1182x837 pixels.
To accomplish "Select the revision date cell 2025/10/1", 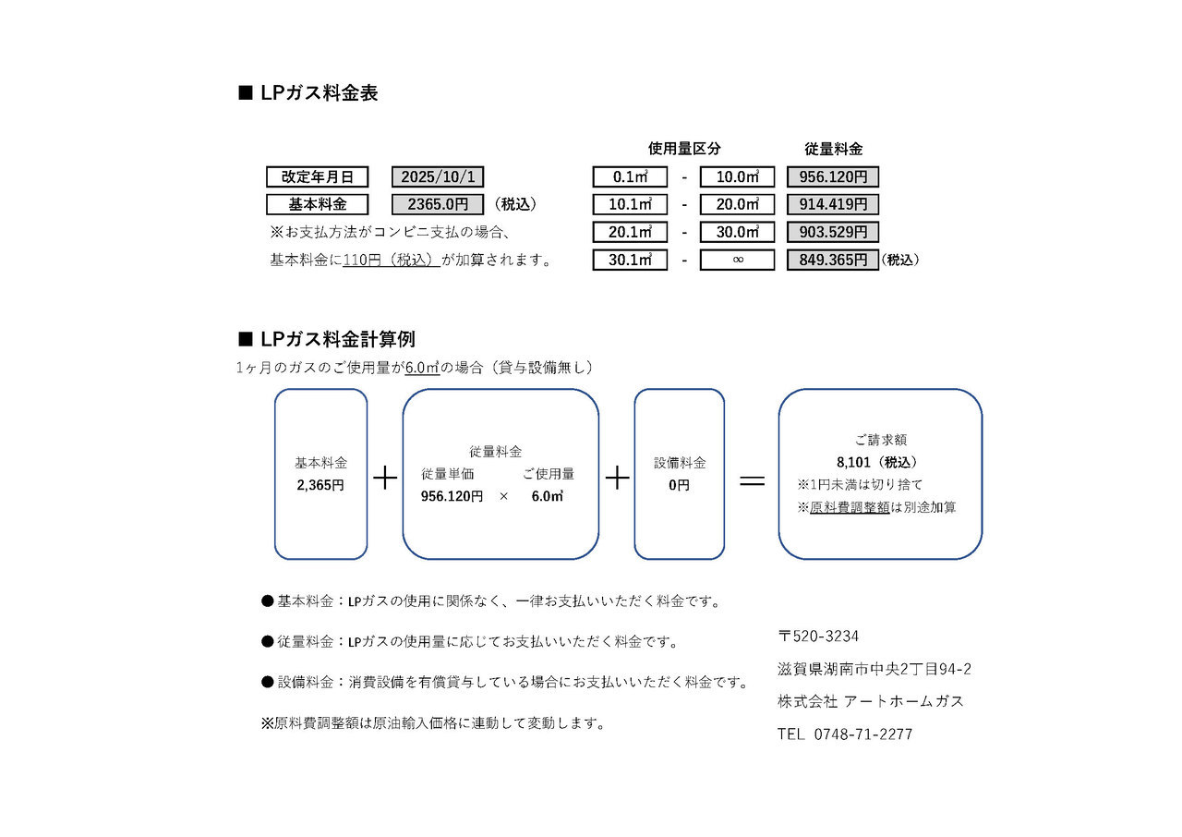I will (437, 177).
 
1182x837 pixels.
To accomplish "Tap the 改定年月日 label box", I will (317, 177).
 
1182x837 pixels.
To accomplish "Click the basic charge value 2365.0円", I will (437, 205).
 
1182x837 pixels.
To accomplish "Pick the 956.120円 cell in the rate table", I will (832, 177).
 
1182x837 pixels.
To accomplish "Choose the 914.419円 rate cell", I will (832, 205).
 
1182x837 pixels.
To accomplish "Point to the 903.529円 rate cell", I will (832, 233).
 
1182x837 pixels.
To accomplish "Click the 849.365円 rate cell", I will (832, 261).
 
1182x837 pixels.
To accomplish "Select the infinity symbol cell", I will (737, 261).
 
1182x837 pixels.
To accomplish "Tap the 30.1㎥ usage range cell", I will (630, 261).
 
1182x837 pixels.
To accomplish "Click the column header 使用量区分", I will (684, 149).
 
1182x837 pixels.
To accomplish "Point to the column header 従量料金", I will (833, 149).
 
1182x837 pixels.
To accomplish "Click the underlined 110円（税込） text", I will (391, 261).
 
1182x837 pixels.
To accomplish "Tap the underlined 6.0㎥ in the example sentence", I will (422, 368).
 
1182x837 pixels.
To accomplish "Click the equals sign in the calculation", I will (753, 479).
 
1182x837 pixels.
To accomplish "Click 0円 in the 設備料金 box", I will (679, 484).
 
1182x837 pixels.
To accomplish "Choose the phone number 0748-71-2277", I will (863, 734).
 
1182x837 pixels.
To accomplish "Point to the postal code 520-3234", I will (826, 637).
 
